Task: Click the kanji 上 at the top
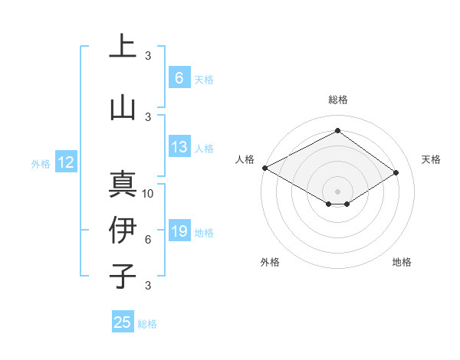pyautogui.click(x=123, y=47)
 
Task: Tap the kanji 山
pyautogui.click(x=123, y=107)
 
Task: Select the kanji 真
pyautogui.click(x=123, y=185)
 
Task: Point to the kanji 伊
pyautogui.click(x=123, y=230)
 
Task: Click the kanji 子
pyautogui.click(x=123, y=275)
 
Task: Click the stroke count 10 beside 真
pyautogui.click(x=148, y=194)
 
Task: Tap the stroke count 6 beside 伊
pyautogui.click(x=148, y=240)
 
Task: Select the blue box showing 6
pyautogui.click(x=179, y=78)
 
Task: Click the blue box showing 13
pyautogui.click(x=179, y=148)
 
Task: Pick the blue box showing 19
pyautogui.click(x=179, y=232)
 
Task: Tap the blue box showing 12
pyautogui.click(x=65, y=162)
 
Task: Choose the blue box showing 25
pyautogui.click(x=123, y=322)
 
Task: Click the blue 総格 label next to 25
pyautogui.click(x=147, y=324)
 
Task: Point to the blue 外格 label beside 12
pyautogui.click(x=40, y=164)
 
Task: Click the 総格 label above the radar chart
pyautogui.click(x=337, y=100)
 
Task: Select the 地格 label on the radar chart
pyautogui.click(x=402, y=262)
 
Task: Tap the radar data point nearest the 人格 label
pyautogui.click(x=264, y=168)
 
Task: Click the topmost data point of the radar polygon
pyautogui.click(x=337, y=130)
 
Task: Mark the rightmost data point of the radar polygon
pyautogui.click(x=396, y=172)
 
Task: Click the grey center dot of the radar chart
pyautogui.click(x=337, y=191)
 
